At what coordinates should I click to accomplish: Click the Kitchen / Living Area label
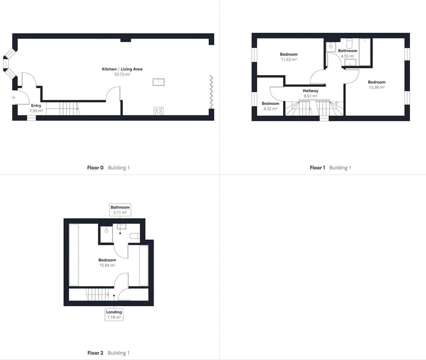122,69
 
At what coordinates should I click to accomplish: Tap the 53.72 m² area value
122,74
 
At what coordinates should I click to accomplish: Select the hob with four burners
158,111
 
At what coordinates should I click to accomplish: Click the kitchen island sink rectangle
158,82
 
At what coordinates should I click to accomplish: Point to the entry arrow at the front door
13,98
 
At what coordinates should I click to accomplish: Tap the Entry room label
36,106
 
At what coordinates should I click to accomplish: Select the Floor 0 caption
95,168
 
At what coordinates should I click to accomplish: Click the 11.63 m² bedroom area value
289,60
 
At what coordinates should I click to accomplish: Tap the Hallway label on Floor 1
311,91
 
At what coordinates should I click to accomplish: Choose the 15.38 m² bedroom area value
377,87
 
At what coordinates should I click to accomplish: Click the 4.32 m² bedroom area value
271,109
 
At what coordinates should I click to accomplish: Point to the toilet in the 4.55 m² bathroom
349,43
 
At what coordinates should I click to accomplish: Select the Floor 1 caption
317,168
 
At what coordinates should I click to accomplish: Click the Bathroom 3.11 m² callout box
120,210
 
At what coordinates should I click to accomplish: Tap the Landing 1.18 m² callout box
114,314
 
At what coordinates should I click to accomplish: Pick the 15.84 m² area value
107,266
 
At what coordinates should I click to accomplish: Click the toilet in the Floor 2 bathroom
135,236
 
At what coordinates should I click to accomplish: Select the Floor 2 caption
95,353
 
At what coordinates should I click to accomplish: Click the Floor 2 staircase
98,294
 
